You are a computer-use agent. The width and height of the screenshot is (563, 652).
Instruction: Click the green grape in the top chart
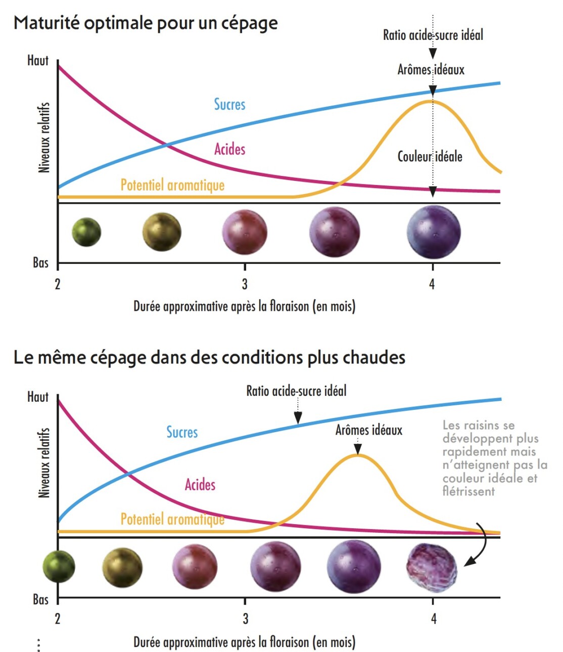(86, 232)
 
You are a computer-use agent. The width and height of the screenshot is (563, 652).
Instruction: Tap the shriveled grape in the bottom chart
(432, 567)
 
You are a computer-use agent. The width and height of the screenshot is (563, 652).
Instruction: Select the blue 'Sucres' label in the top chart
(229, 104)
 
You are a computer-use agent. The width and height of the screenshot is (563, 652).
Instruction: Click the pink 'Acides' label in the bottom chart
(200, 484)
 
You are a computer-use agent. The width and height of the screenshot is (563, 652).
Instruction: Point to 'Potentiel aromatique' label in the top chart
(172, 185)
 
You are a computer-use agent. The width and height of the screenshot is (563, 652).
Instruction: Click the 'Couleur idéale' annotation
(430, 156)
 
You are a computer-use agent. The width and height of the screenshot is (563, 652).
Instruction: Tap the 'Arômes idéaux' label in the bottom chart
(369, 430)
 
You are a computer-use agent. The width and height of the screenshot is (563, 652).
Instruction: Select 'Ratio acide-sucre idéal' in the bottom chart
(296, 391)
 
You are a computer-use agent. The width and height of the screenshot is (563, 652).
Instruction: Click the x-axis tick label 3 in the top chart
(245, 284)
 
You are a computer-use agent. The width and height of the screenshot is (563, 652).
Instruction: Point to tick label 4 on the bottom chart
(433, 618)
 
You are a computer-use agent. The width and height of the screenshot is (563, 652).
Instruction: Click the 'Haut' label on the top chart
(38, 61)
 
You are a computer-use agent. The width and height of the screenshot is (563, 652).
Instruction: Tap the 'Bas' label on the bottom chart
(40, 599)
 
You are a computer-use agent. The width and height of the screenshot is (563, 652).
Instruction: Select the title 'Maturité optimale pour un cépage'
(146, 23)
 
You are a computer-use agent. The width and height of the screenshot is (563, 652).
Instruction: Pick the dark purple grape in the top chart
(434, 232)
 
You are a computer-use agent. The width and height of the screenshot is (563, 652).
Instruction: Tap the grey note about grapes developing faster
(494, 458)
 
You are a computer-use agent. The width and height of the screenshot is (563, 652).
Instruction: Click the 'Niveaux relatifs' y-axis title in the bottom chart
(44, 462)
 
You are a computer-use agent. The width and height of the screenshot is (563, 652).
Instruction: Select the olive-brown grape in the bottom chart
(122, 567)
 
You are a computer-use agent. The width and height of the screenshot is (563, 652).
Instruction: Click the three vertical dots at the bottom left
(39, 644)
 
